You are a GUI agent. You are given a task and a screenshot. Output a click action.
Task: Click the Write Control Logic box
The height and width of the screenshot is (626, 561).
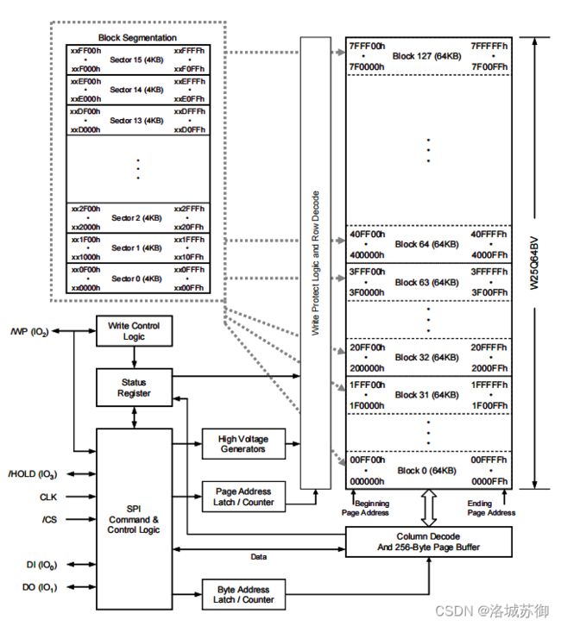click(x=135, y=331)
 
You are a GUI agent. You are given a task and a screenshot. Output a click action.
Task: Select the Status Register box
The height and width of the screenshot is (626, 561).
click(x=135, y=388)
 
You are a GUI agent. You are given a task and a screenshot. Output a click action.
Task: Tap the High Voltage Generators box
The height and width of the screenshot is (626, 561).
click(x=243, y=444)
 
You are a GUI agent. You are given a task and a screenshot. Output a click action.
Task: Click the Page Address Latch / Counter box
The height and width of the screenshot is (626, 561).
click(x=243, y=497)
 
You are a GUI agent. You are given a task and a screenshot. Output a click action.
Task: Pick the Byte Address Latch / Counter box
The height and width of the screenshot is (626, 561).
click(x=243, y=594)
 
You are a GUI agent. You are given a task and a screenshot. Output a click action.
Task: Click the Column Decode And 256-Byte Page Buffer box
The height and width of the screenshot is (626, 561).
click(x=429, y=541)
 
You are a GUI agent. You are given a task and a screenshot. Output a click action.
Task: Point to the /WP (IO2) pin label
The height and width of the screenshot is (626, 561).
click(x=30, y=332)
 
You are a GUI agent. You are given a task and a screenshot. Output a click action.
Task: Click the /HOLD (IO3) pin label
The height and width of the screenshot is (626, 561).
click(x=33, y=474)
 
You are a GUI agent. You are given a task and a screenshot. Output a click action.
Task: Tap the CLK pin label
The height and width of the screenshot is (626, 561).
click(x=48, y=497)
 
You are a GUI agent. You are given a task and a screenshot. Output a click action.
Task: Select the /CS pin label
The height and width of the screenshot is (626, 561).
click(x=49, y=519)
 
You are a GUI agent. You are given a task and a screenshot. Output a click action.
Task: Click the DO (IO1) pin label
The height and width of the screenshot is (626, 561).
click(x=40, y=587)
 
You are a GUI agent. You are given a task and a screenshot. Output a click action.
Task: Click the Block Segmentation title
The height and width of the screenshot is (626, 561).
click(x=137, y=38)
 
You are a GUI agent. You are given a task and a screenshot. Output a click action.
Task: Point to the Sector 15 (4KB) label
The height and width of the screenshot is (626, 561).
click(x=136, y=59)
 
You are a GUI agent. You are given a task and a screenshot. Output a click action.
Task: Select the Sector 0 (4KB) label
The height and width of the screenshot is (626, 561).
click(x=136, y=279)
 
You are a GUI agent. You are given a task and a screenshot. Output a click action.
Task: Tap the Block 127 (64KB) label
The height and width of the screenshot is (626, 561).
click(x=426, y=56)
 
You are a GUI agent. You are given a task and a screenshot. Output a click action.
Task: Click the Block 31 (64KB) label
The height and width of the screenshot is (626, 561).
click(x=426, y=395)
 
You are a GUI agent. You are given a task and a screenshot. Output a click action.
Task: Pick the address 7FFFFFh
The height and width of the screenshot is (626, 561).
click(x=489, y=46)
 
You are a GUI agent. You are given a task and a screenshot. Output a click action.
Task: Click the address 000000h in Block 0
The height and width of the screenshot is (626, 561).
click(x=367, y=481)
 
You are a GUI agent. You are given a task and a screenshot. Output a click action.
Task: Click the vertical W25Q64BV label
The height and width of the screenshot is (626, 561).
click(x=534, y=264)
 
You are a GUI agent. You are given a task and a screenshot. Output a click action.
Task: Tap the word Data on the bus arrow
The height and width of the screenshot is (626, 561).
click(x=259, y=556)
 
